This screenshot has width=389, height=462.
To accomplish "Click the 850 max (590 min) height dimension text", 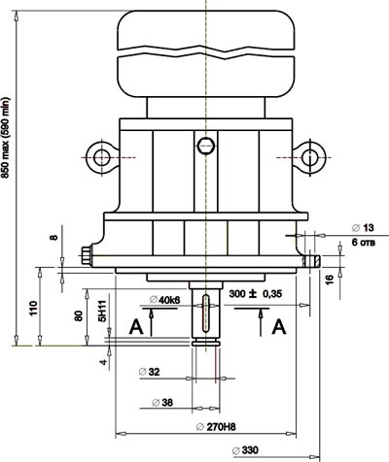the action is [6, 137].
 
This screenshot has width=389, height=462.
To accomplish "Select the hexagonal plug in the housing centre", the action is [205, 146].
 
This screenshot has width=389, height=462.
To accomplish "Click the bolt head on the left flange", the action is [87, 256].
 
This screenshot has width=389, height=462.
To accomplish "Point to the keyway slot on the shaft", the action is [205, 313].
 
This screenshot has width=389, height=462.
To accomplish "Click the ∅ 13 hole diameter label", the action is [363, 228].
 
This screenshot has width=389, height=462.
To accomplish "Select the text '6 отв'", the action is [364, 243].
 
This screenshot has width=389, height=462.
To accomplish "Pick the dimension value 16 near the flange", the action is [329, 278].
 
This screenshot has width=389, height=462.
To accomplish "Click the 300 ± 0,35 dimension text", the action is [256, 294].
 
